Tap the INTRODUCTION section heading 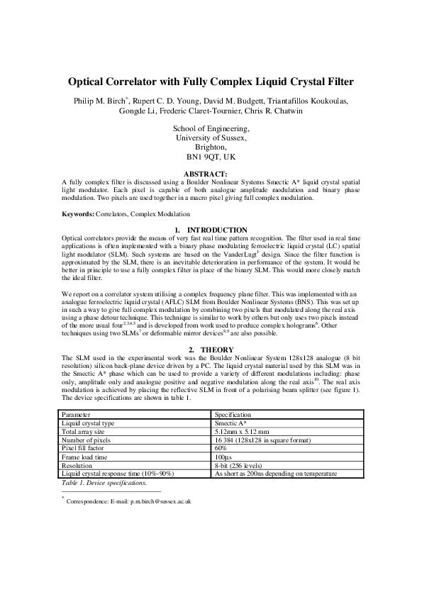tap(211, 230)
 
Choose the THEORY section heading tap(211, 350)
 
